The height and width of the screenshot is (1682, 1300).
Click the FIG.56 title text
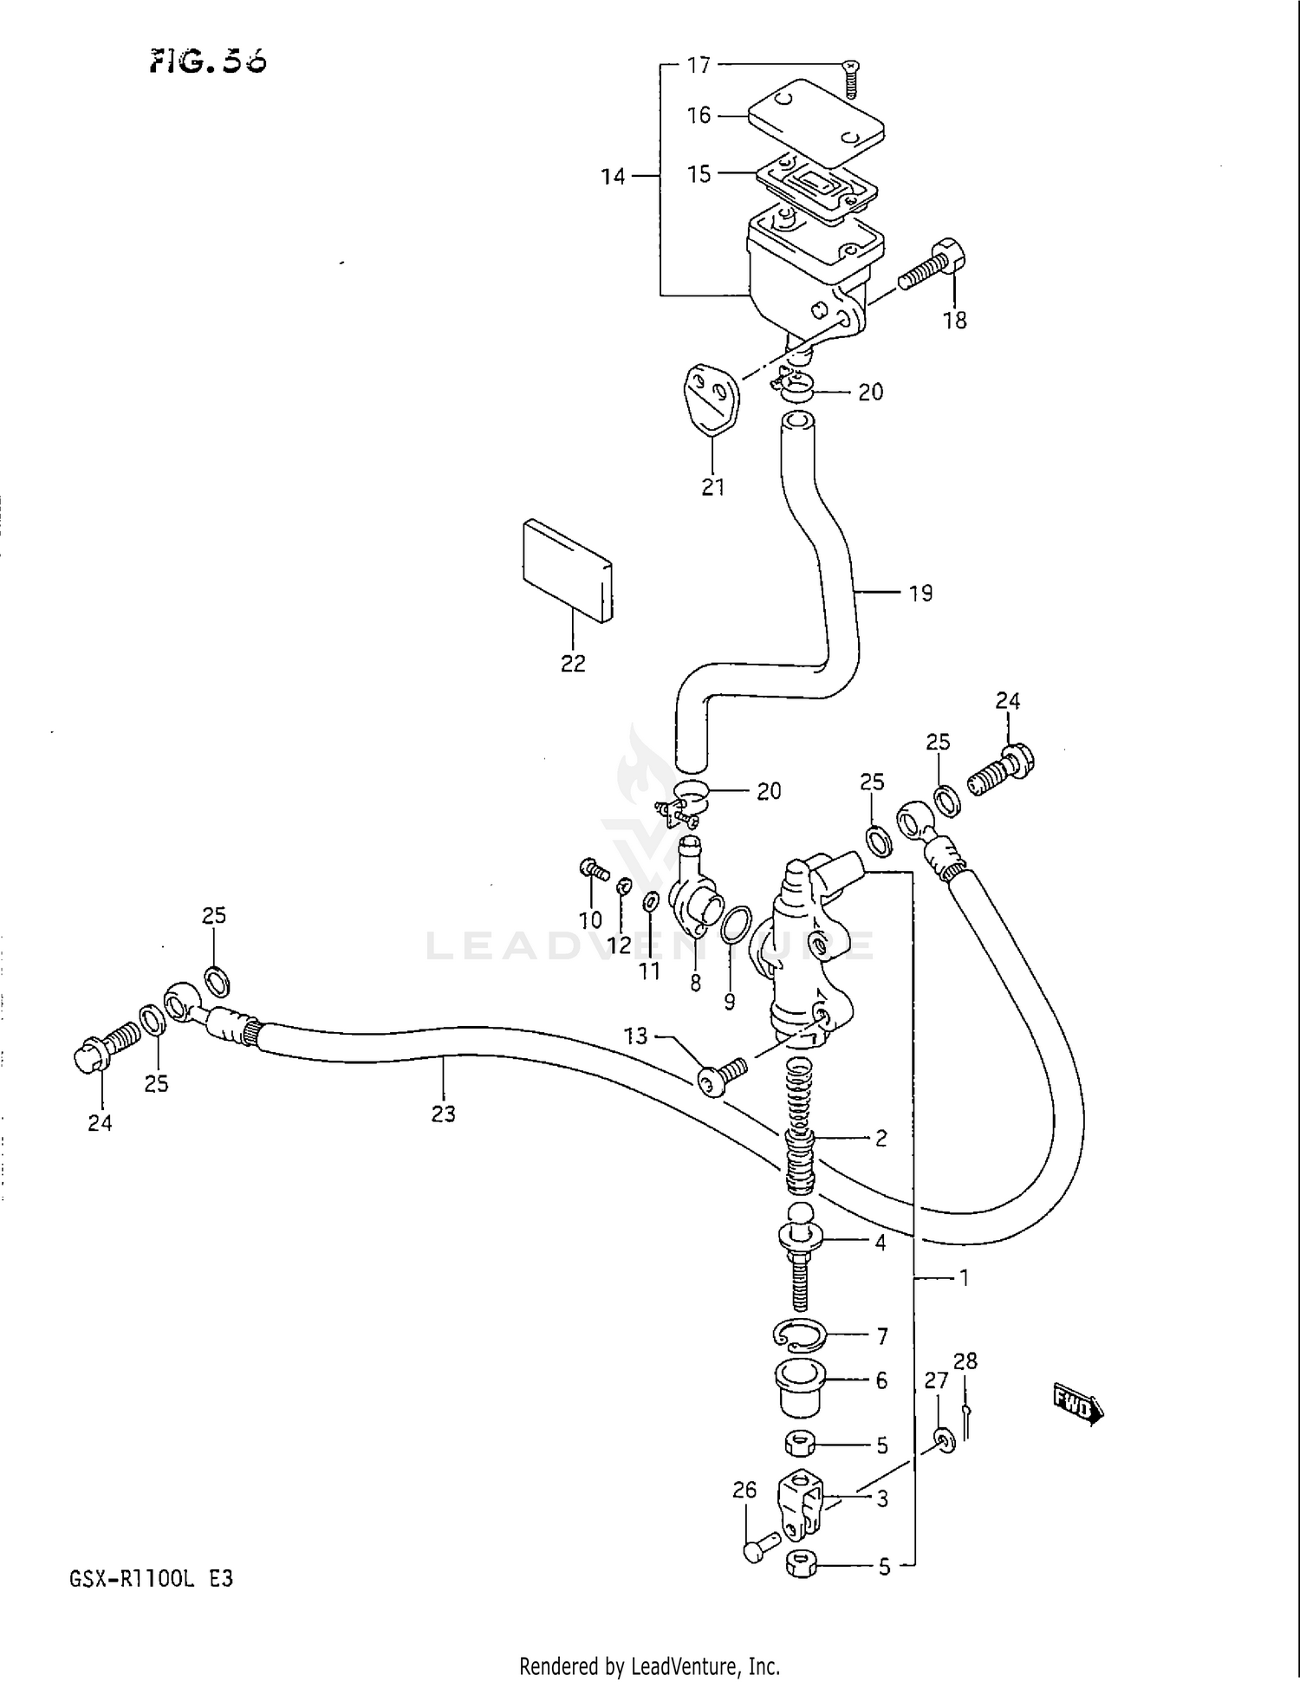click(209, 61)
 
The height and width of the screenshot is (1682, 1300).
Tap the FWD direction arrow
click(1077, 1406)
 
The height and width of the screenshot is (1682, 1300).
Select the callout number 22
click(573, 663)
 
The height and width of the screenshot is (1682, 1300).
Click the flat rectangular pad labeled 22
click(568, 570)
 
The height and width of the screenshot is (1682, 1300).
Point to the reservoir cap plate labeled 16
click(816, 122)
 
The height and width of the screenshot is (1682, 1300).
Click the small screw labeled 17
click(851, 80)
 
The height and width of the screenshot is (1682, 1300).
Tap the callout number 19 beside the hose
click(920, 594)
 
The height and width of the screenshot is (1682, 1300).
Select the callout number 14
click(613, 177)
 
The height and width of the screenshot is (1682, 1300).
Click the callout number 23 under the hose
click(443, 1114)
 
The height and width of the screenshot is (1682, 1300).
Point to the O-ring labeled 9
click(736, 925)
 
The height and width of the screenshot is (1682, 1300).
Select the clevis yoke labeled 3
click(803, 1505)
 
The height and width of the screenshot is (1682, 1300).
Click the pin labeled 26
click(756, 1549)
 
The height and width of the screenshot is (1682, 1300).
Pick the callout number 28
click(965, 1361)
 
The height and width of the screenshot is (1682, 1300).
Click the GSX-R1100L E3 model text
click(151, 1578)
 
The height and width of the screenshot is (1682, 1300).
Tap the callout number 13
click(635, 1036)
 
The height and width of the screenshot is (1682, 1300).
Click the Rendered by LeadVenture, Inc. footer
click(649, 1666)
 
